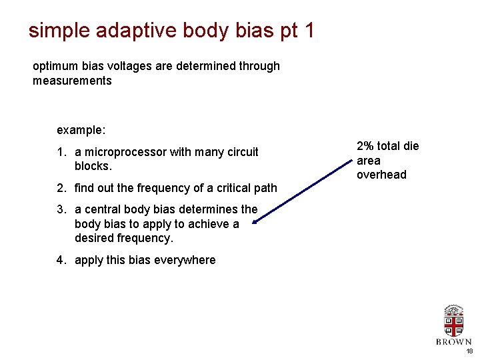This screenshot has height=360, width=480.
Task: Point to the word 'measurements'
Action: (x=72, y=81)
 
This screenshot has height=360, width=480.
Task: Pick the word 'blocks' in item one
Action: (x=93, y=166)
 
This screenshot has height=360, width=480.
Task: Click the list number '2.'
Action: (x=61, y=188)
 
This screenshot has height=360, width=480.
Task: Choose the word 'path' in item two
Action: (x=265, y=188)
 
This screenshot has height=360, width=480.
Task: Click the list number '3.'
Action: (x=61, y=209)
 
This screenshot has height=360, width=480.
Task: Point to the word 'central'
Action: (x=103, y=209)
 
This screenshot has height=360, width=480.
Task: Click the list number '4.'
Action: (x=61, y=260)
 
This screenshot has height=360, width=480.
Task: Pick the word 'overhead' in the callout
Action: (x=381, y=175)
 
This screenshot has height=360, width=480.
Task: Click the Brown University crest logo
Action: (x=454, y=321)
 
